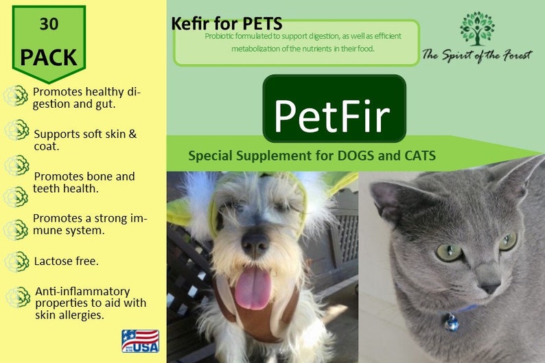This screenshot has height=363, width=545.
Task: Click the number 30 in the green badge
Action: click(49, 25)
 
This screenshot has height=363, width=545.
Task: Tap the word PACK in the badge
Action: click(49, 56)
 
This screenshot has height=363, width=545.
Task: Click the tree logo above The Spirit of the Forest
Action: click(477, 29)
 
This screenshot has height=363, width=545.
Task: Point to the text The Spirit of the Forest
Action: click(476, 55)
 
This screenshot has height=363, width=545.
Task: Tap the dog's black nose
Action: click(254, 242)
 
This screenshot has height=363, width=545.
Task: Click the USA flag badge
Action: click(140, 340)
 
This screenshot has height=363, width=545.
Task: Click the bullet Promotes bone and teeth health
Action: click(84, 183)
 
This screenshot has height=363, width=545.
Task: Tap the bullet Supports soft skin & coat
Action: click(85, 139)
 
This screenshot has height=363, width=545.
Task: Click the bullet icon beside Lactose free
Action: click(16, 261)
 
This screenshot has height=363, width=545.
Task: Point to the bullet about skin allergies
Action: click(90, 303)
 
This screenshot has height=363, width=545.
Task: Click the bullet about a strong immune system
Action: click(89, 224)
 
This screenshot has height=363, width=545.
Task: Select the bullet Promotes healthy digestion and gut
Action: click(87, 99)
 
